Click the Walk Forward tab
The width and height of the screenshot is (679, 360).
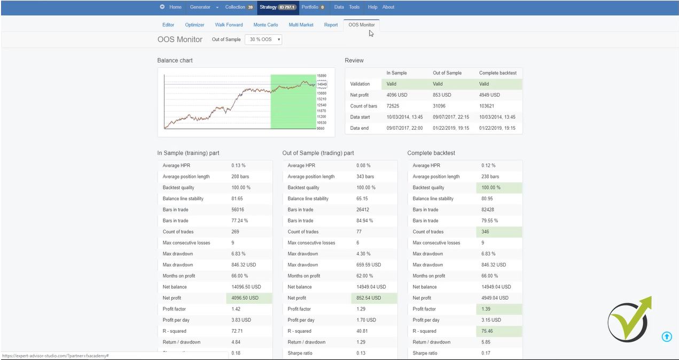point(229,25)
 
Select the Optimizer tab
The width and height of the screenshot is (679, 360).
point(194,25)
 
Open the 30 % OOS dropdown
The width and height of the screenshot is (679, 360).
point(263,40)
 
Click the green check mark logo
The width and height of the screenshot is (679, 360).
point(629,319)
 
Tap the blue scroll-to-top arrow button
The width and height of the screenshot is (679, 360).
point(667,336)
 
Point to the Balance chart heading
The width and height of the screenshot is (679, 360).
point(175,60)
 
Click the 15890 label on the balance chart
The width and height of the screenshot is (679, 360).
point(322,76)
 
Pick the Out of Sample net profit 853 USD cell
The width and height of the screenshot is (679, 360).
point(442,95)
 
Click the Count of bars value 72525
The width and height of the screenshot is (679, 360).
point(394,106)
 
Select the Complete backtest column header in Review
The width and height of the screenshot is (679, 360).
point(497,73)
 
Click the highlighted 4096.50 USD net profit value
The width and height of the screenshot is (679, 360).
point(245,298)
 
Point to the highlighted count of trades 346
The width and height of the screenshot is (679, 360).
point(485,232)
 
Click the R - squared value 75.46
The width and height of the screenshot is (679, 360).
point(487,331)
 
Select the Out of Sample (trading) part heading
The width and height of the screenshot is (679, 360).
point(318,153)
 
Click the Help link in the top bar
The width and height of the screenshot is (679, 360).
point(372,7)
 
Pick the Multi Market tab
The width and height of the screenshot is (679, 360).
point(301,25)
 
